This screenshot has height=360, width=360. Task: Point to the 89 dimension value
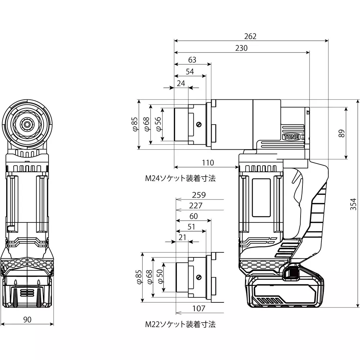tap(342, 133)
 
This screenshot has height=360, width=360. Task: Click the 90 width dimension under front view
tap(27, 319)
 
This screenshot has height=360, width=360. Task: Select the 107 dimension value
tap(198, 309)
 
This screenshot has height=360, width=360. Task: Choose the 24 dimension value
tap(181, 83)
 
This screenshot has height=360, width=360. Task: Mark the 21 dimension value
tap(182, 237)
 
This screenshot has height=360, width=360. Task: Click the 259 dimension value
tap(199, 195)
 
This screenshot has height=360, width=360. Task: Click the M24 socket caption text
tap(180, 179)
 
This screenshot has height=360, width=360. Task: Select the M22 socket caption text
tap(180, 324)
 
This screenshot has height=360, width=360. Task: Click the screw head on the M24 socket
tap(198, 125)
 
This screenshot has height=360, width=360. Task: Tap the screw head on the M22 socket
tap(198, 277)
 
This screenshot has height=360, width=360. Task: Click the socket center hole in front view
tap(27, 124)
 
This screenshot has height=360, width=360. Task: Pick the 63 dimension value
tap(192, 60)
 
